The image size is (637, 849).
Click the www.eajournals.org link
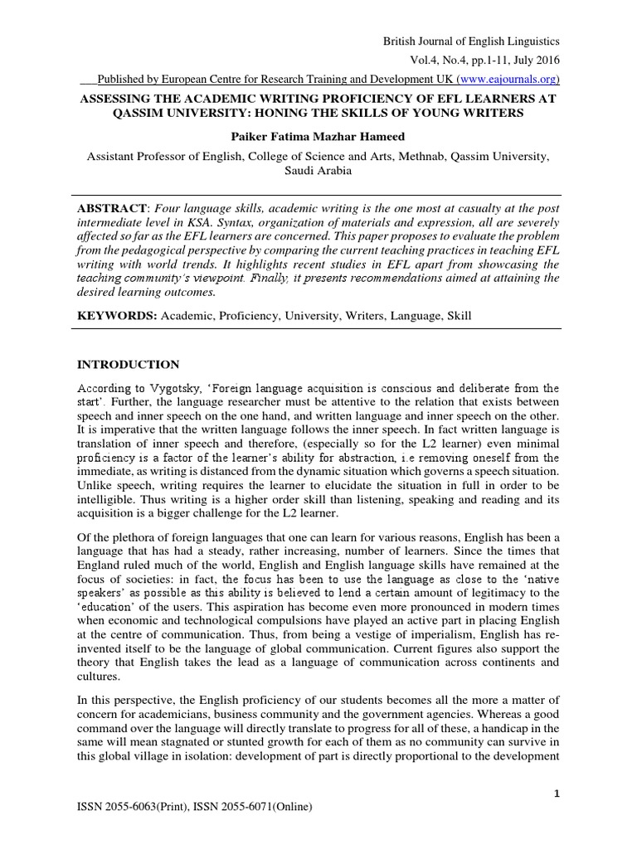tap(508, 80)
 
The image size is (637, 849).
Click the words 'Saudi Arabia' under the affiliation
tap(318, 171)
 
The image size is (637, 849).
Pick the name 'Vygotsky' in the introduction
tap(172, 387)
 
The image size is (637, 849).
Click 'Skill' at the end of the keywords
tap(459, 317)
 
